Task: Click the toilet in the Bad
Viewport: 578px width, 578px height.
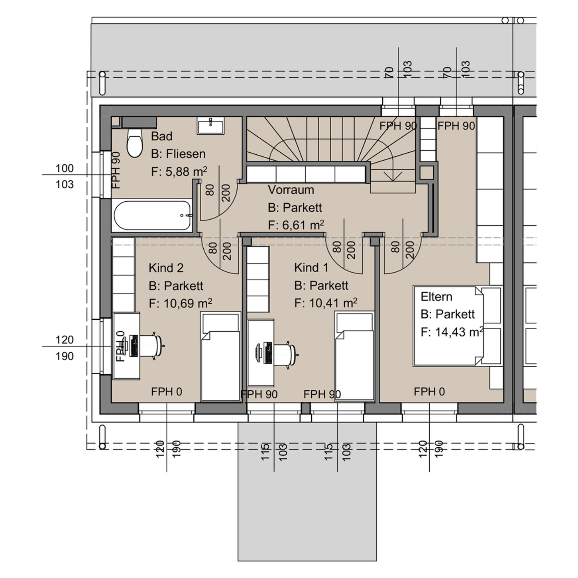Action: tap(135, 144)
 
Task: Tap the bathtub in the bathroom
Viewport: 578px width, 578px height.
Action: tap(153, 215)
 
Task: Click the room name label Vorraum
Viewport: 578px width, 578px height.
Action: tap(291, 190)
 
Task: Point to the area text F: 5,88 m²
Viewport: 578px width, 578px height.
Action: tap(179, 172)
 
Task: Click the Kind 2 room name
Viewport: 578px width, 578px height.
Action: tap(166, 268)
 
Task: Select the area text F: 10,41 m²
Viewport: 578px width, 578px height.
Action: tap(325, 303)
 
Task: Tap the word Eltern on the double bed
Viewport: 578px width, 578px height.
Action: tap(436, 297)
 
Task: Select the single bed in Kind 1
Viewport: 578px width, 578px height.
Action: tap(354, 356)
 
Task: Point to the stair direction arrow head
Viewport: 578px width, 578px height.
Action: tap(392, 178)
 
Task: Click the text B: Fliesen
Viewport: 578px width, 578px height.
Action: tap(178, 154)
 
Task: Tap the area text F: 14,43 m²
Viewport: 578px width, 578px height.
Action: tap(452, 332)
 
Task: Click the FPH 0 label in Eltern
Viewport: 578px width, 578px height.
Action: tap(429, 392)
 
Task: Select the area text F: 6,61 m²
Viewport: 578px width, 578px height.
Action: tap(296, 225)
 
